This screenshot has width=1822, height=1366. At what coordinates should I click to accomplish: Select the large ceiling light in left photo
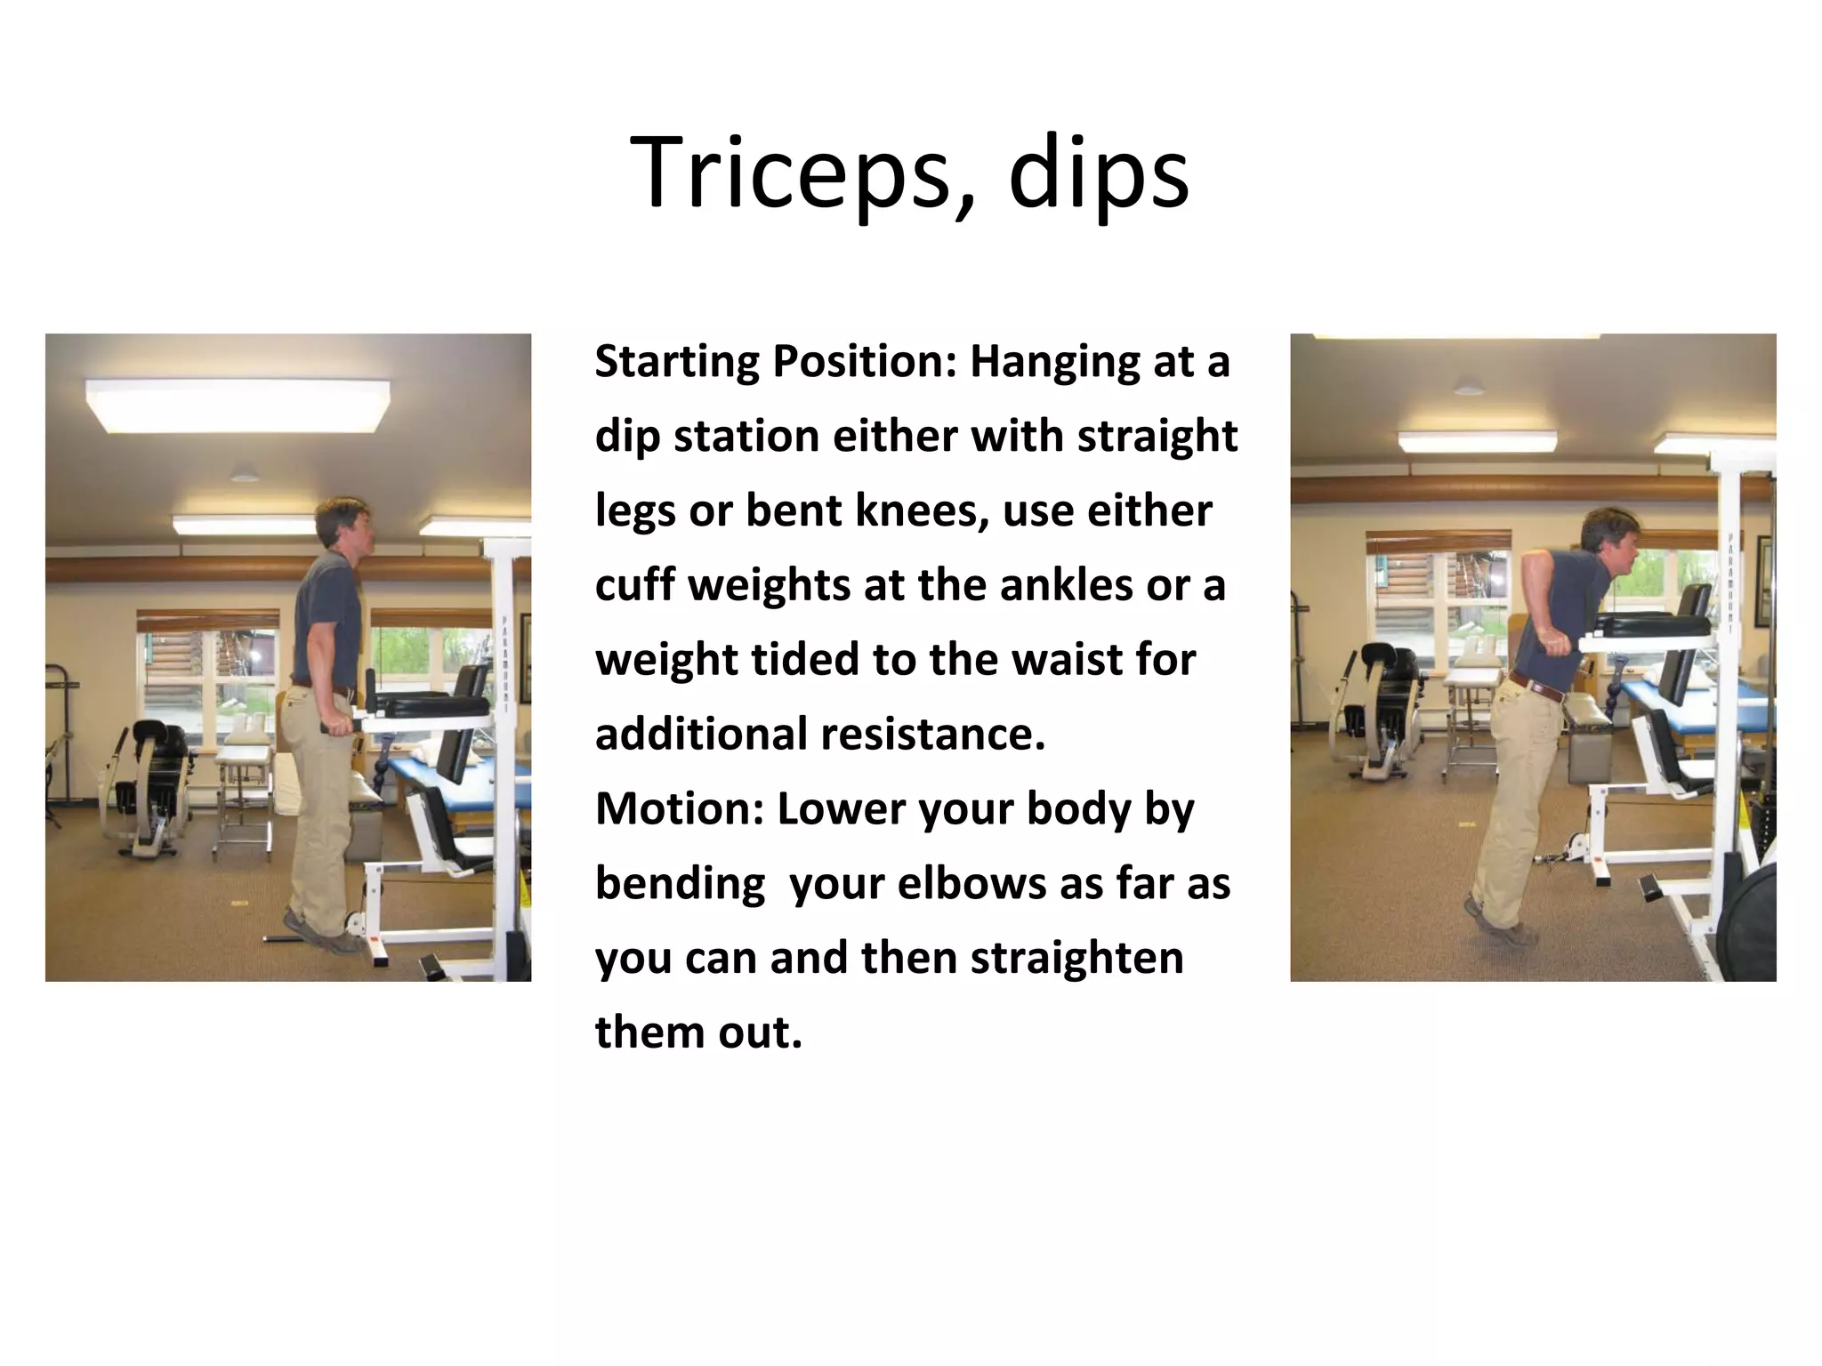(x=238, y=405)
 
